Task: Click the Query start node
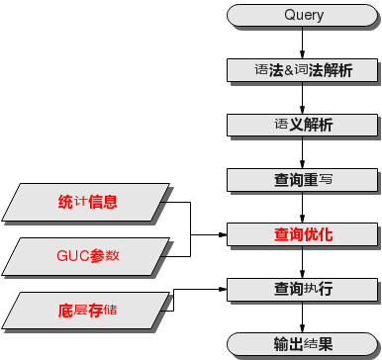(x=303, y=16)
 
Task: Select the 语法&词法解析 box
(x=303, y=71)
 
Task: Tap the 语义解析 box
(x=303, y=126)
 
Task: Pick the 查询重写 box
(x=303, y=180)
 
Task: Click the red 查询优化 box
(x=303, y=235)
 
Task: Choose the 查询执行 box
(x=303, y=290)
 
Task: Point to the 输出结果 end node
(x=303, y=344)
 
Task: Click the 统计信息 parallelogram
(x=87, y=203)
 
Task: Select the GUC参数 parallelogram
(x=87, y=255)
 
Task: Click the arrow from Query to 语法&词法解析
(x=303, y=44)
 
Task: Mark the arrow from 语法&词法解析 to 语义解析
(x=303, y=99)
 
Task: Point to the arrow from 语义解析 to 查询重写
(x=303, y=153)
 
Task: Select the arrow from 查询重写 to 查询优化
(x=303, y=208)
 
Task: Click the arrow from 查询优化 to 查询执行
(x=303, y=263)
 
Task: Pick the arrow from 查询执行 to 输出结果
(x=303, y=317)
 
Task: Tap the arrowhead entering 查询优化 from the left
(x=223, y=235)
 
